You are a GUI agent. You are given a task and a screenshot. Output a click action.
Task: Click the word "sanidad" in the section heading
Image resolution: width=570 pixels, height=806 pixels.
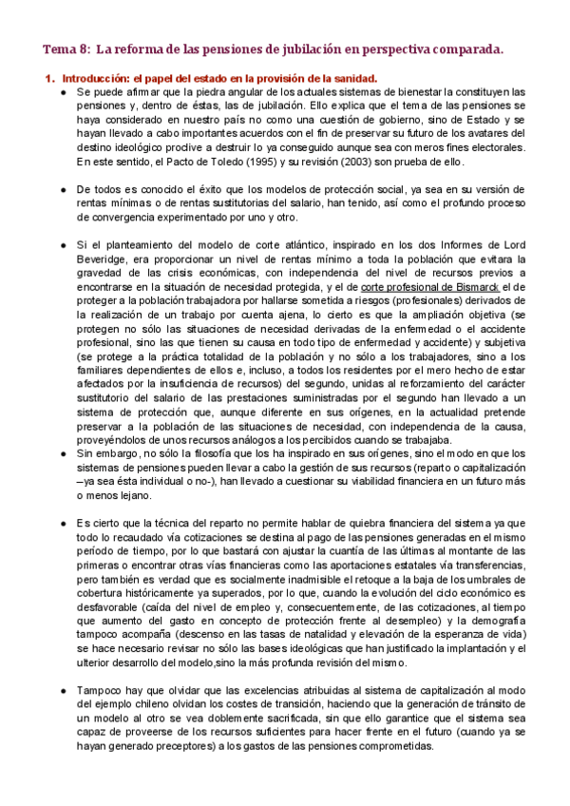pyautogui.click(x=355, y=78)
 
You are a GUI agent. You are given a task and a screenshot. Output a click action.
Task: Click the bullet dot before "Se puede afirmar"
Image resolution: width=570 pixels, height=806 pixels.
pyautogui.click(x=63, y=92)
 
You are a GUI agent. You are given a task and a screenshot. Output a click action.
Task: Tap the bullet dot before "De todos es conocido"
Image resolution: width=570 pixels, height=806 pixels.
pyautogui.click(x=63, y=190)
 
